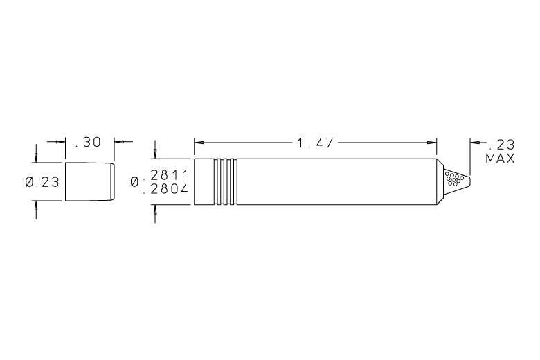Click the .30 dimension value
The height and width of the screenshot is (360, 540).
tap(88, 142)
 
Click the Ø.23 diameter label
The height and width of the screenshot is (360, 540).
tap(42, 182)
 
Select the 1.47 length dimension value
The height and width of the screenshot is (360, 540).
tap(315, 143)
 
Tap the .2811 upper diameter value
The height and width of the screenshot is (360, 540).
tap(166, 175)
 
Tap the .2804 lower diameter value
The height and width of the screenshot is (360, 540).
tap(166, 189)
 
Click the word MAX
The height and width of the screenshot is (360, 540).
tap(500, 159)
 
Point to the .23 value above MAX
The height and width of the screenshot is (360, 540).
tap(502, 145)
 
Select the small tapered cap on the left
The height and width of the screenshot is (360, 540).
tap(90, 181)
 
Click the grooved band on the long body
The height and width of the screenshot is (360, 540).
tap(225, 181)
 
